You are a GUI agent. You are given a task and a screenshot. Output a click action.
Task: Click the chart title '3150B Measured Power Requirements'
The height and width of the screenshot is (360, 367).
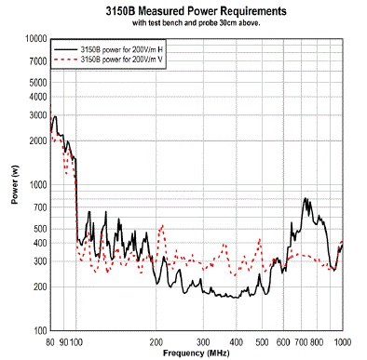pos(195,11)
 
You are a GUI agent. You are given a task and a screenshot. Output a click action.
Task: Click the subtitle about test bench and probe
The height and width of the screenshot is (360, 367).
pos(195,22)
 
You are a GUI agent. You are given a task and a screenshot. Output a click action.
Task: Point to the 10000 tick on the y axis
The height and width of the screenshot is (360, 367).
pos(35,39)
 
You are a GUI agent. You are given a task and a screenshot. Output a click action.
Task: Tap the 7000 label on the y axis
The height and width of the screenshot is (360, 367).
pos(37,61)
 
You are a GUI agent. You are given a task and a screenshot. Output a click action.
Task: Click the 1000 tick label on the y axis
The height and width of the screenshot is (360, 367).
pos(37,184)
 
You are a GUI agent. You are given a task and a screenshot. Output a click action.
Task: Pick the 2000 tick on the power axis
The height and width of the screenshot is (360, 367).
pos(37,140)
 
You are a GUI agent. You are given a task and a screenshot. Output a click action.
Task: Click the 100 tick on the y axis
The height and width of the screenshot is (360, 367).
pos(40,330)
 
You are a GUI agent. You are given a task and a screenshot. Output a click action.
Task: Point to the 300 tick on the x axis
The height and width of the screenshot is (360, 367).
pos(203,340)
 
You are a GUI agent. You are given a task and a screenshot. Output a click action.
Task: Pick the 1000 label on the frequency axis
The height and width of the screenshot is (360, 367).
pos(342,340)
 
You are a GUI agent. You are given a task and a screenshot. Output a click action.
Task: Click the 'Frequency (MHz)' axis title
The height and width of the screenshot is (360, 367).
pos(197,353)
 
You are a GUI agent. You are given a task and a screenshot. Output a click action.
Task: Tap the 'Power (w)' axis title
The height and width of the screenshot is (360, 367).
pos(13,185)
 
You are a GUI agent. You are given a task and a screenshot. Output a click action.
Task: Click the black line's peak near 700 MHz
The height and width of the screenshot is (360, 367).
pos(305,198)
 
